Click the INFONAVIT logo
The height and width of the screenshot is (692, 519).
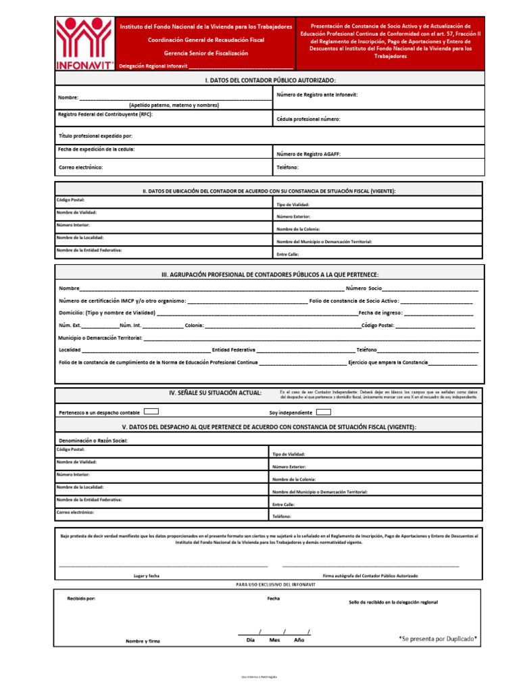pos(84,43)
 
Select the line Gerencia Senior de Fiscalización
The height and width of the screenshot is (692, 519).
pos(206,53)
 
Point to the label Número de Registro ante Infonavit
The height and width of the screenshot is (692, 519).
pos(317,95)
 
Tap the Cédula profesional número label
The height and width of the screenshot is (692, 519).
pos(308,119)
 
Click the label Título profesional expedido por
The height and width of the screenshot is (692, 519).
pos(95,136)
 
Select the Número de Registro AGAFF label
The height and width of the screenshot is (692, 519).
pos(308,154)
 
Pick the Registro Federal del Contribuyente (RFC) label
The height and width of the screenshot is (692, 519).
pos(105,114)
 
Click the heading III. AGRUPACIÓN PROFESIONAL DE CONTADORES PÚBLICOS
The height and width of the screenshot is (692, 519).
pos(270,274)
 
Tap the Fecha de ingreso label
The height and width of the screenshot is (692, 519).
pos(380,313)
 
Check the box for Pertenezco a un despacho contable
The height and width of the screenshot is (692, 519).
pos(151,411)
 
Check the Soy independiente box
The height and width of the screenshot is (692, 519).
pos(324,411)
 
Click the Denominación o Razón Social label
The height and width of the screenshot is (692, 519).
pos(93,441)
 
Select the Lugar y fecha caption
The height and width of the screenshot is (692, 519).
pos(147,576)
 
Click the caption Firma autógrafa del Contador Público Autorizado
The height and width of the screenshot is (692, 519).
pos(370,576)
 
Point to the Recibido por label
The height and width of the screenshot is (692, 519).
pos(81,599)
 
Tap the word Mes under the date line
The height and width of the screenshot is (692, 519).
pos(274,640)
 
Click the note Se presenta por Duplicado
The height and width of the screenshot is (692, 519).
pos(438,638)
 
